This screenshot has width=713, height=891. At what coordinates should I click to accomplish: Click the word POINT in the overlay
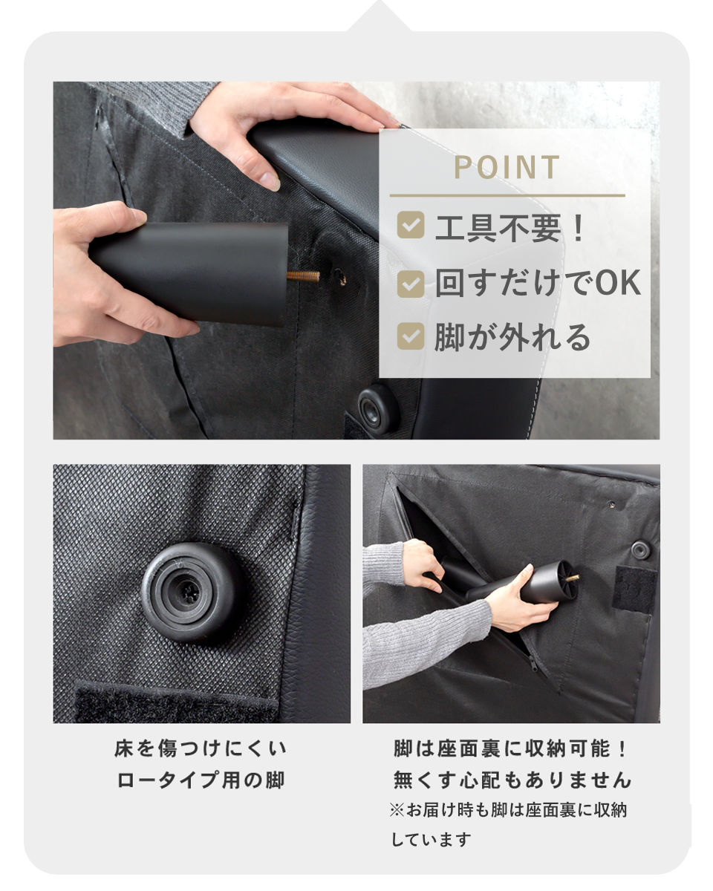click(x=507, y=167)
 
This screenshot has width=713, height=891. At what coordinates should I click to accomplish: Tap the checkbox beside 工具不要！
click(x=411, y=225)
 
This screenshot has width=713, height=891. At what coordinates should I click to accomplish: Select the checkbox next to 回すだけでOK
click(x=411, y=284)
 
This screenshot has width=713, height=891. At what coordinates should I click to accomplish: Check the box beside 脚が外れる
click(x=411, y=336)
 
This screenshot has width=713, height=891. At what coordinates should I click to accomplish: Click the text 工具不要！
click(x=510, y=228)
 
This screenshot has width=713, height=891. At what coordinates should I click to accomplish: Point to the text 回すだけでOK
click(x=538, y=283)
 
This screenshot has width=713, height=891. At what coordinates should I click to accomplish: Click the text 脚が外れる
click(x=512, y=337)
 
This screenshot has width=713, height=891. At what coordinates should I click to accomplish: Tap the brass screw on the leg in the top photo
click(x=304, y=276)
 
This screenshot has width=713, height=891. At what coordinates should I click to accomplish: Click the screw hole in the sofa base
click(x=340, y=277)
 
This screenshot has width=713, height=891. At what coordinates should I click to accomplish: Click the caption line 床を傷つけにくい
click(x=201, y=749)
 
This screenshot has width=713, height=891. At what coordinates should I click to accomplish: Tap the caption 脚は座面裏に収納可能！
click(x=511, y=749)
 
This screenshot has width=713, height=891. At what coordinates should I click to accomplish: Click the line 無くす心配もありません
click(x=512, y=781)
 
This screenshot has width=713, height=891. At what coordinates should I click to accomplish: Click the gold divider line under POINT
click(x=507, y=195)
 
